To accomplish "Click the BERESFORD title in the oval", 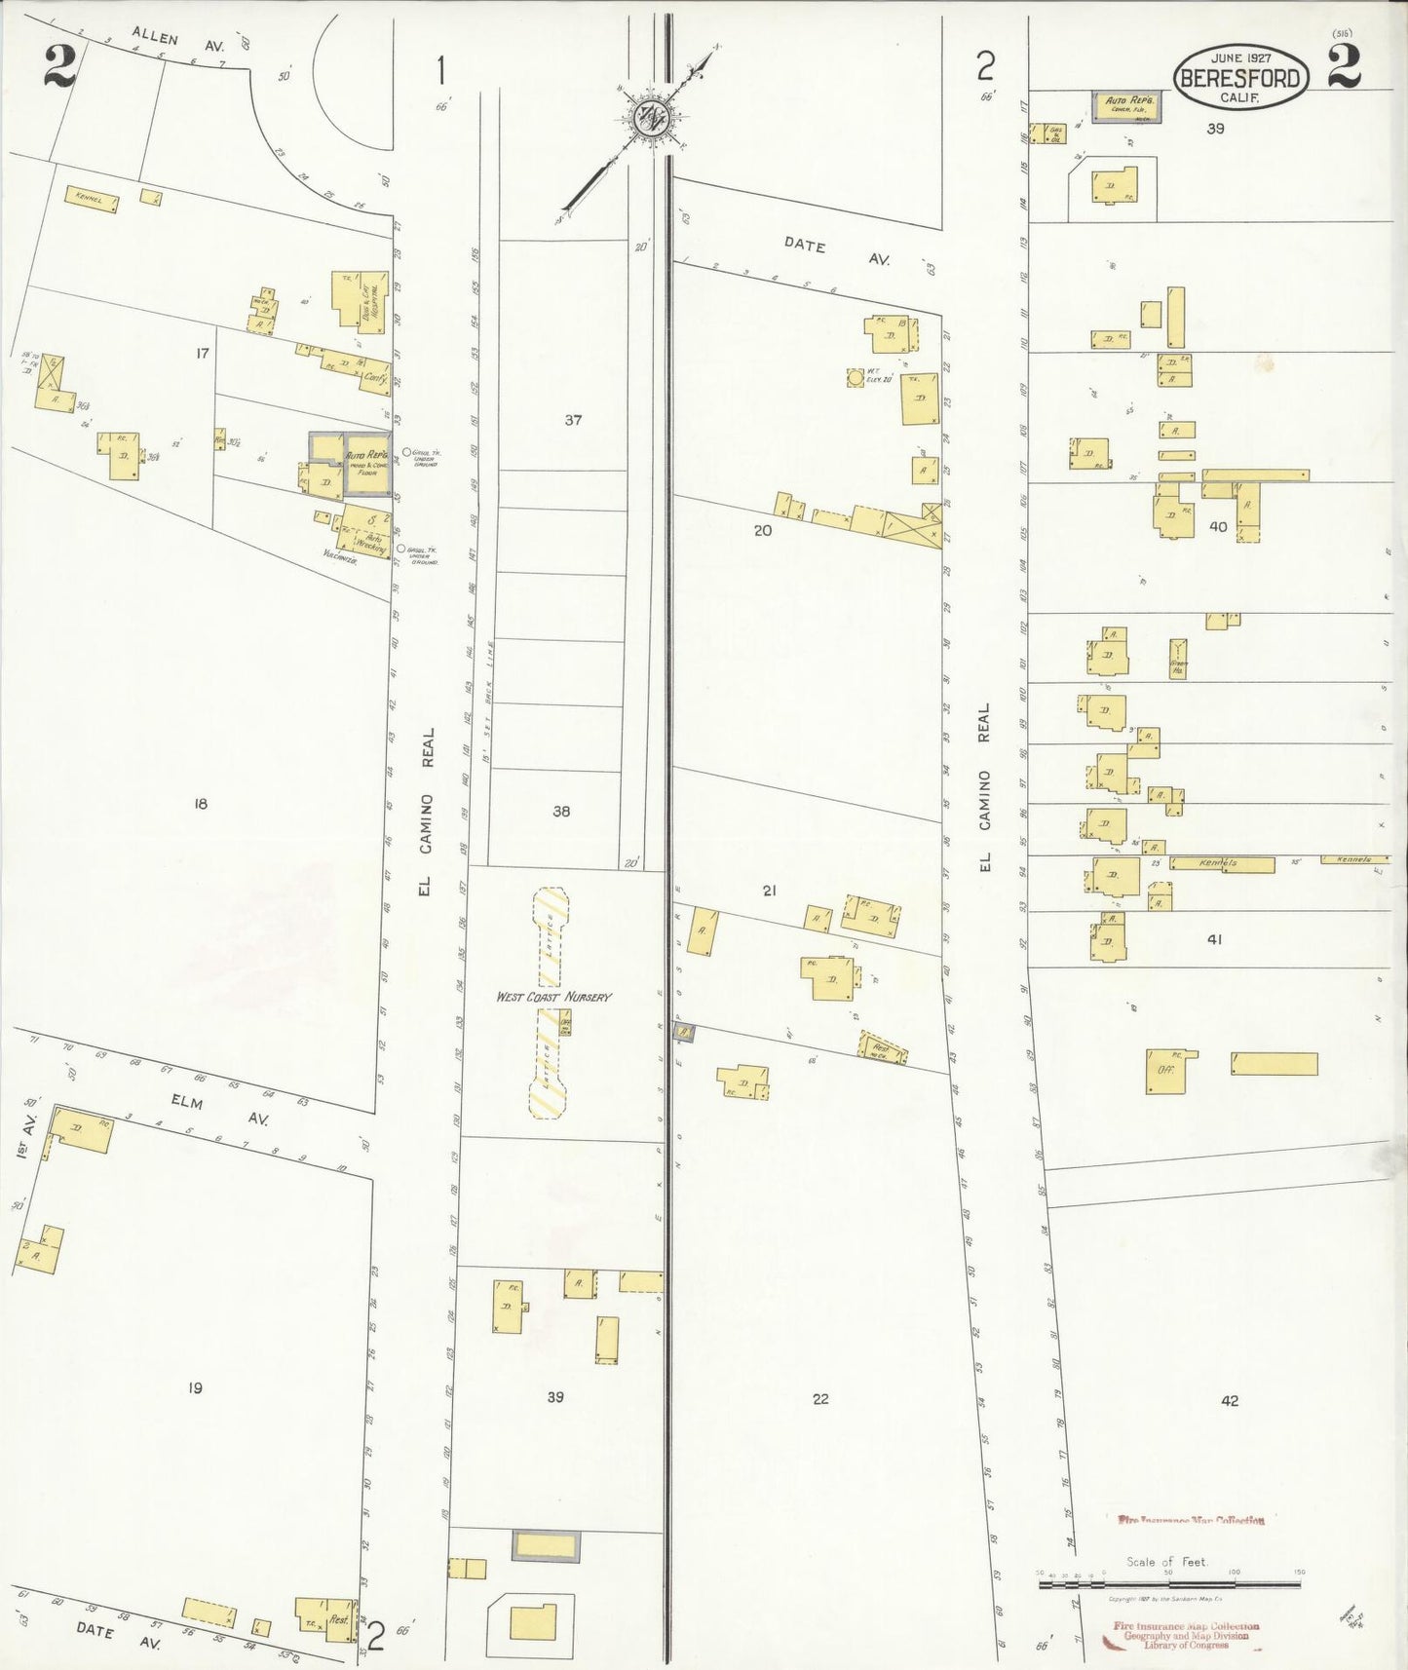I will (x=1240, y=79).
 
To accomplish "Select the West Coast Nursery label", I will (x=553, y=997).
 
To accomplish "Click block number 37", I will (x=573, y=420).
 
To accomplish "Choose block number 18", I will (x=201, y=804).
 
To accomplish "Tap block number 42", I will (x=1230, y=1400).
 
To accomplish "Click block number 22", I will (x=820, y=1398).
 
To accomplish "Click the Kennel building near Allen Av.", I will (x=91, y=198).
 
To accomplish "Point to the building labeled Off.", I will (x=1165, y=1071).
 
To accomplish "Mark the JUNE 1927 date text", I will (x=1240, y=57).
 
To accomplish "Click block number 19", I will (x=195, y=1387).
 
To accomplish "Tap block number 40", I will (x=1218, y=526).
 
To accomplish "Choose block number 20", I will (x=762, y=530).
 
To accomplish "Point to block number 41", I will (x=1214, y=939).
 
